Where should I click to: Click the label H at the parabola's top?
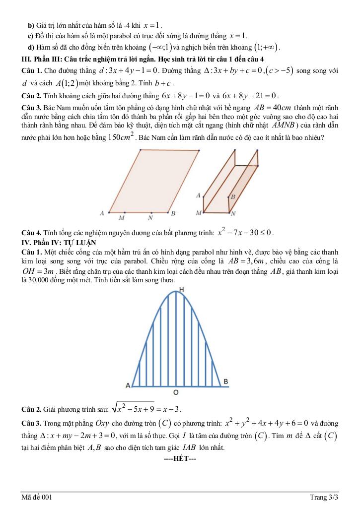[x=182, y=289]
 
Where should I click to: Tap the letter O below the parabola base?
[x=176, y=392]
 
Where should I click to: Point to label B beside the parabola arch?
[x=225, y=381]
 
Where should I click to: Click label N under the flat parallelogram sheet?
[x=150, y=218]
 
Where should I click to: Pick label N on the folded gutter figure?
[x=233, y=213]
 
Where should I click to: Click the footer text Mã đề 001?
[x=36, y=497]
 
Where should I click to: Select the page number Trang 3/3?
[x=324, y=497]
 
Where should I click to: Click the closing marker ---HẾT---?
[x=180, y=458]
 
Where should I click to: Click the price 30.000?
[x=38, y=280]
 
